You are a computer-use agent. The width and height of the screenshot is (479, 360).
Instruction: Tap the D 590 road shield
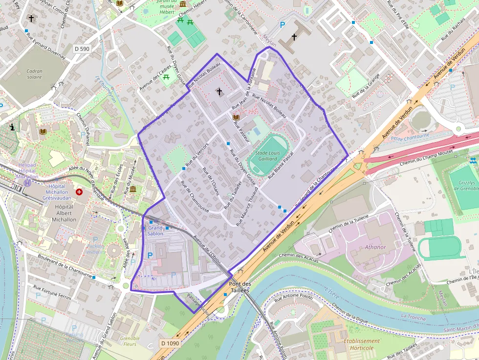pos(82,49)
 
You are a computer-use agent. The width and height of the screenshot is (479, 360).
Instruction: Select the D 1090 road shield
pos(170,343)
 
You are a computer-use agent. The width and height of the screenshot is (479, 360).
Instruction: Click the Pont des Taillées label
pos(239,287)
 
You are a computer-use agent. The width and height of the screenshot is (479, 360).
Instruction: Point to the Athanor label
pos(375,247)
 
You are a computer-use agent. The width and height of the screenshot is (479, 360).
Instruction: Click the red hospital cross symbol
pos(79,192)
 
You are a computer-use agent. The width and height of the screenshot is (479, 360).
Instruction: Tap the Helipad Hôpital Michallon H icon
pos(28,183)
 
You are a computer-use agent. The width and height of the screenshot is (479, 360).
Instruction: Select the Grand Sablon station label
pos(155,231)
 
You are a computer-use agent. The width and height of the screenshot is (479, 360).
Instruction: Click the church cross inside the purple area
pos(219,91)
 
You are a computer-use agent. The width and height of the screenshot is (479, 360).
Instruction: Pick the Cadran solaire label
pos(34,74)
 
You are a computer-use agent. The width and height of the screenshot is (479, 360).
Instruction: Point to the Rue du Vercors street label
pos(197,153)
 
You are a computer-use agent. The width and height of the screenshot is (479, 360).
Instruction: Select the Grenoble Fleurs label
pos(130,341)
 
